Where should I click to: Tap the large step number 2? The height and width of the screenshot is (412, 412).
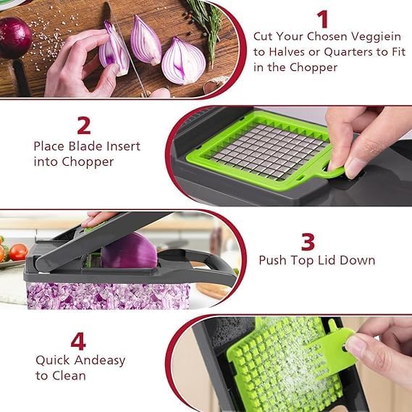coord(84,125)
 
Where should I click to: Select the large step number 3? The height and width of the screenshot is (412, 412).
coord(308,240)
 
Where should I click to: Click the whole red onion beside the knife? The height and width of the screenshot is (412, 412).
coord(13,38)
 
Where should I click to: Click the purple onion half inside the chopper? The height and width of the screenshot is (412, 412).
coord(128,252)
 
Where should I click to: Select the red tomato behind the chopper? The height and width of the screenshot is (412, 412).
coord(17,252)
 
